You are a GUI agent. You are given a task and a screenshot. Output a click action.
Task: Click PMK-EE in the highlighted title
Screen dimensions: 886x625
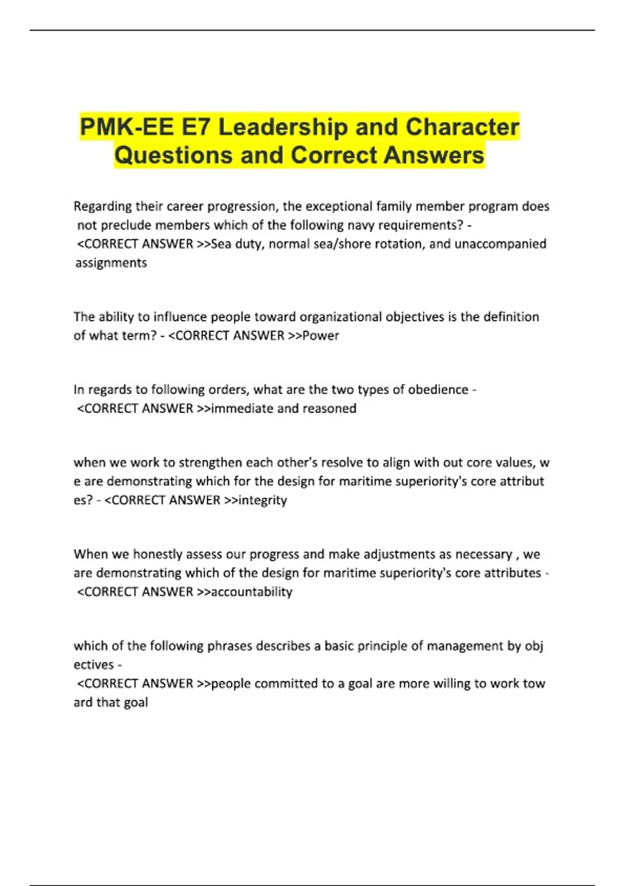pyautogui.click(x=127, y=127)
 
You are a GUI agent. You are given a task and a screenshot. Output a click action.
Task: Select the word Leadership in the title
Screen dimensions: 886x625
pyautogui.click(x=283, y=127)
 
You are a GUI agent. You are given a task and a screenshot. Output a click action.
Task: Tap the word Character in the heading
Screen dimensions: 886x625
pyautogui.click(x=462, y=127)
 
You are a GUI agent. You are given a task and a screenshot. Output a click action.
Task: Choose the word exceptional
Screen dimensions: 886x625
pyautogui.click(x=337, y=206)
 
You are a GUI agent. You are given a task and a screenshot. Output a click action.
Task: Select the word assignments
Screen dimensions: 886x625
pyautogui.click(x=111, y=263)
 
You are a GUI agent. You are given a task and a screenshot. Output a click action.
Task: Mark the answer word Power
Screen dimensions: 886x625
pyautogui.click(x=321, y=336)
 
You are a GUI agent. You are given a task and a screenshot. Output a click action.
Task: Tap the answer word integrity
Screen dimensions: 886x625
pyautogui.click(x=262, y=500)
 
